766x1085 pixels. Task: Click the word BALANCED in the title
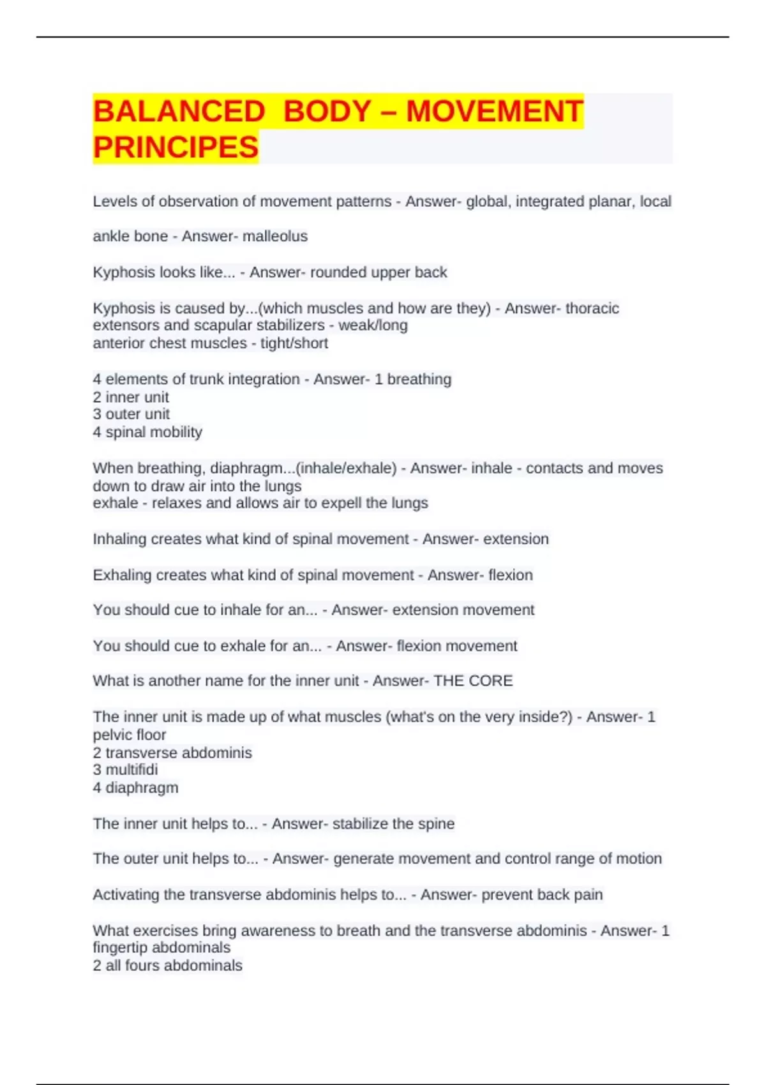[x=179, y=112]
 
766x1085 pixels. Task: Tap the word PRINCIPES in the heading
[x=176, y=147]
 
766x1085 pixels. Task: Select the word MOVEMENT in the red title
[x=495, y=112]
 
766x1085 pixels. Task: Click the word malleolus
[x=277, y=237]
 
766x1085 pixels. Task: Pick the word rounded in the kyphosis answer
[x=338, y=273]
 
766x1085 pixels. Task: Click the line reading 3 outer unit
[x=131, y=414]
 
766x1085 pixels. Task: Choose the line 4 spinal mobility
[x=147, y=432]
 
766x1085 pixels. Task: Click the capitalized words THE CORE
[x=473, y=681]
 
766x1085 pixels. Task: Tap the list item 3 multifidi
[x=125, y=770]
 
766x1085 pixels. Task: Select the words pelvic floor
[x=130, y=735]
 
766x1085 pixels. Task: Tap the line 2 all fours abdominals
[x=167, y=966]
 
